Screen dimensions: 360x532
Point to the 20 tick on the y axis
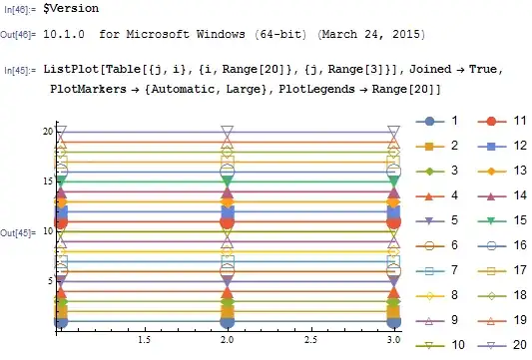47,131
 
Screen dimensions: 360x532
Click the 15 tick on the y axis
47,180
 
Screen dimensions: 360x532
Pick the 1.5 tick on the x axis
144,339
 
